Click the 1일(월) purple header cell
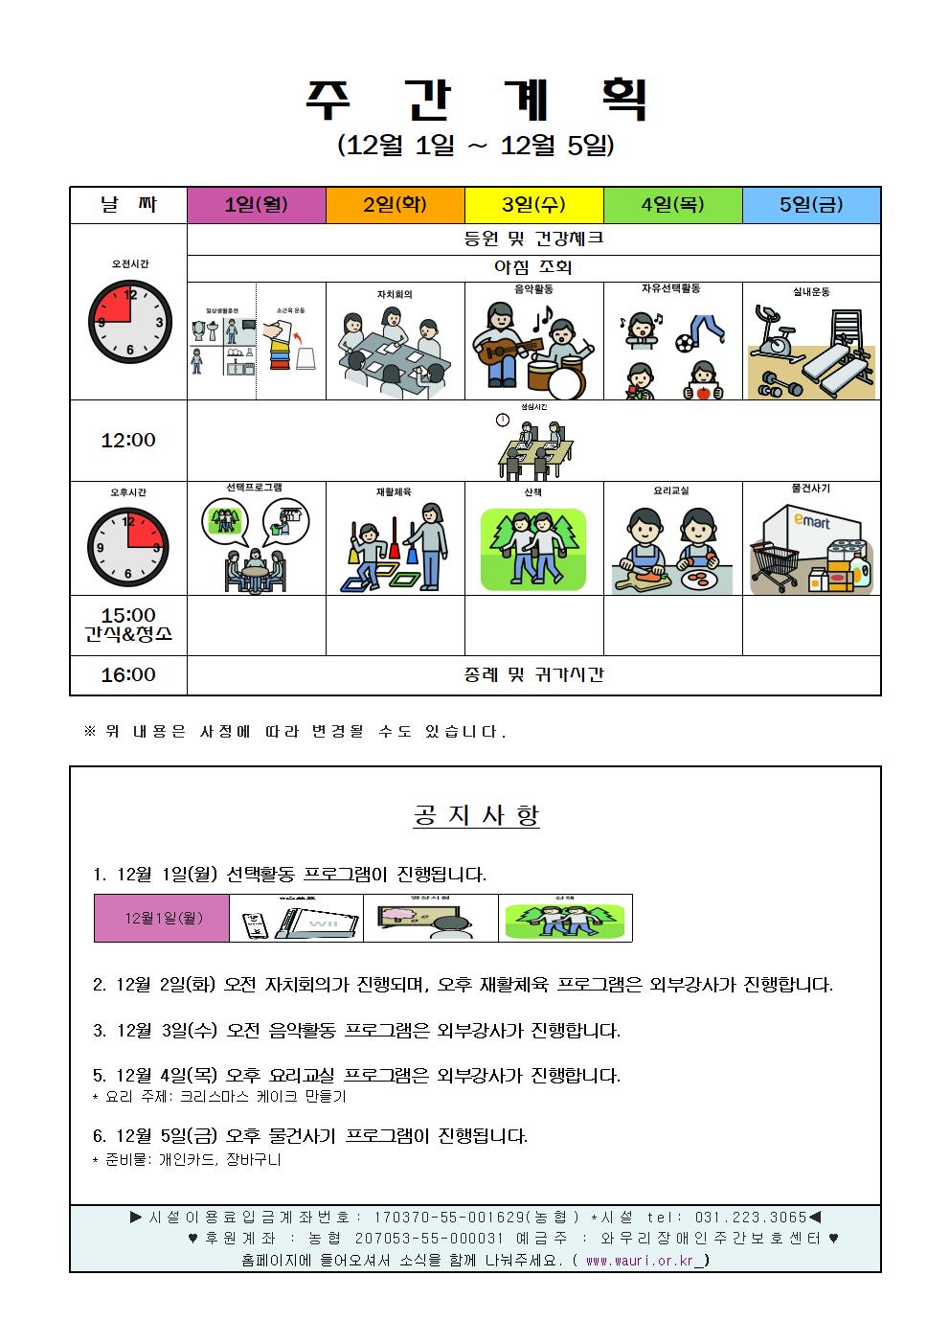pyautogui.click(x=256, y=205)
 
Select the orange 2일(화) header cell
pyautogui.click(x=395, y=205)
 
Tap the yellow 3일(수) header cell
pyautogui.click(x=533, y=205)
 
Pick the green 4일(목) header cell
pyautogui.click(x=672, y=205)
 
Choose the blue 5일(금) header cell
pyautogui.click(x=811, y=205)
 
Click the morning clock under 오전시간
pyautogui.click(x=129, y=321)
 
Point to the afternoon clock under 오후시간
pyautogui.click(x=128, y=547)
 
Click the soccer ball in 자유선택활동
pyautogui.click(x=686, y=341)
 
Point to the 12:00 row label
pyautogui.click(x=128, y=441)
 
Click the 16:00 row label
pyautogui.click(x=128, y=675)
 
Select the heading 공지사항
pyautogui.click(x=476, y=815)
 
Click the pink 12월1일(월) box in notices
pyautogui.click(x=162, y=919)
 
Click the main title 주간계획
pyautogui.click(x=476, y=99)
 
